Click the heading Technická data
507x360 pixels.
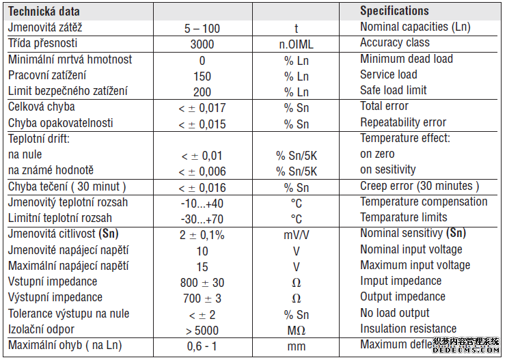tap(44, 12)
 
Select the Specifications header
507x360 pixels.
tap(394, 11)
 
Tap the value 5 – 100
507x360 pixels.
tap(202, 29)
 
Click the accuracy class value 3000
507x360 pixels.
tap(202, 44)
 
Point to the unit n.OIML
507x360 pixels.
tap(297, 44)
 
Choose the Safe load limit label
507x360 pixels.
tap(394, 90)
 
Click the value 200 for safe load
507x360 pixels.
tap(202, 92)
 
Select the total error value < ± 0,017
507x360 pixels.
tap(202, 108)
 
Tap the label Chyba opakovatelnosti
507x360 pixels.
tap(61, 123)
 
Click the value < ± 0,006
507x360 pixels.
tap(202, 171)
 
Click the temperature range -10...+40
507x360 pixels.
tap(202, 203)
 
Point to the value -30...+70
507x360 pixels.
tap(202, 219)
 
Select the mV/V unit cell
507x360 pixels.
tap(297, 235)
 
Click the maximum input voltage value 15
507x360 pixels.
tap(202, 266)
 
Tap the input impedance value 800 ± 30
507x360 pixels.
tap(202, 282)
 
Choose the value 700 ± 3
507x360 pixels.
tap(202, 299)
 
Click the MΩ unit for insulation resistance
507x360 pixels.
tap(297, 331)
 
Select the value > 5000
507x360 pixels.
tap(202, 331)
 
